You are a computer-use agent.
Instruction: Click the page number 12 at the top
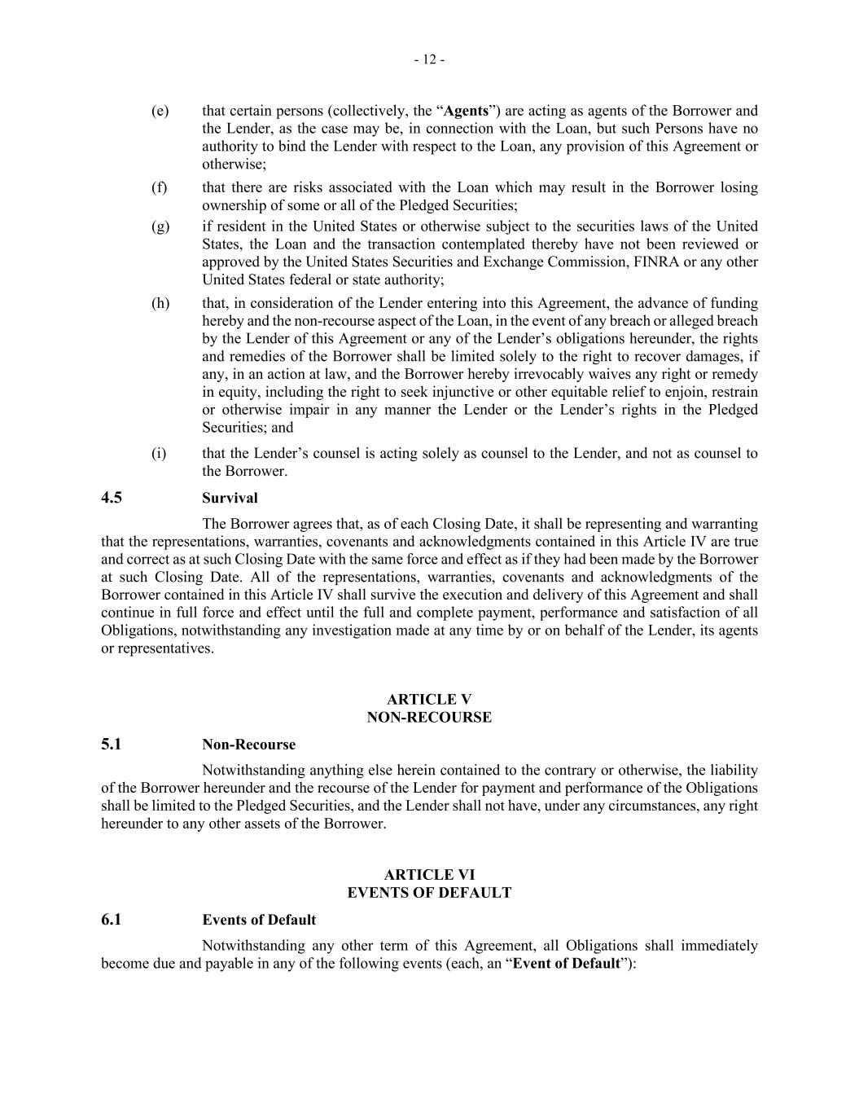pos(429,59)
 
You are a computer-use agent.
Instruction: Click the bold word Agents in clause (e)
pos(466,111)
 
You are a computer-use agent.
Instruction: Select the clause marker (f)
pos(160,187)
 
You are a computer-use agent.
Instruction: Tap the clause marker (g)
pos(160,226)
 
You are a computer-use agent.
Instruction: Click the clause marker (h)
pos(160,303)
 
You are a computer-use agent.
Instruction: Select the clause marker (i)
pos(159,453)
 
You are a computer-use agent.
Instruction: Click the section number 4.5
pos(112,498)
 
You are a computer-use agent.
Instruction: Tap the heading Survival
pos(230,498)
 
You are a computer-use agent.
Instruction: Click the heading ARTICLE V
pos(429,700)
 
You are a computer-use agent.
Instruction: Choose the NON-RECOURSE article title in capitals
pos(429,718)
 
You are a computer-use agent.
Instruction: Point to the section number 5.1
pos(112,745)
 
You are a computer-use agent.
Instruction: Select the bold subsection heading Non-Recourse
pos(248,745)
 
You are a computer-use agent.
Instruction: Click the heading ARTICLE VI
pos(429,875)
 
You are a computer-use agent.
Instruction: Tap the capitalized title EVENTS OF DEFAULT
pos(429,893)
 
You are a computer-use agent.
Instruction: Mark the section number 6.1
pos(112,920)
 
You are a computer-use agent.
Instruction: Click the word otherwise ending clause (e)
pos(231,165)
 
